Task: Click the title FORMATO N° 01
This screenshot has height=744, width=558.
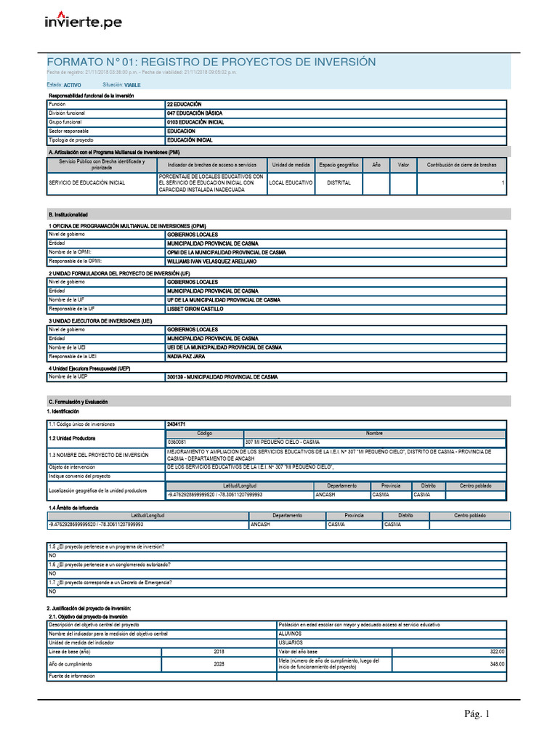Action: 211,62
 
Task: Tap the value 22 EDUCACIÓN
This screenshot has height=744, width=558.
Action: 185,105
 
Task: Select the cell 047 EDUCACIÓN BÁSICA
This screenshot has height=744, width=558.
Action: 195,113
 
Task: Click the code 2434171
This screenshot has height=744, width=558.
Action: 177,424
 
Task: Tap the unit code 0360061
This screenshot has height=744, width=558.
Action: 177,442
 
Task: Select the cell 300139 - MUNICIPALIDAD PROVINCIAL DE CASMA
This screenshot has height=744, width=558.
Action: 222,377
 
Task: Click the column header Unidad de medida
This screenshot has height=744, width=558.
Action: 291,165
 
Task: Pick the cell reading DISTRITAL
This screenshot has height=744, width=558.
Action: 339,182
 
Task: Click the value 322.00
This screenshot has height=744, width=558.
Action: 497,651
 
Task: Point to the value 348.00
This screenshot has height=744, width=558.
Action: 497,664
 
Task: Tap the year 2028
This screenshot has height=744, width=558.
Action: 219,664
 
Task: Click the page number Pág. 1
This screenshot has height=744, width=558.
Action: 477,714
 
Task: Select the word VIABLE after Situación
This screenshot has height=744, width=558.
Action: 132,85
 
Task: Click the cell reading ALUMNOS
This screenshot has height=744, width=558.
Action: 291,633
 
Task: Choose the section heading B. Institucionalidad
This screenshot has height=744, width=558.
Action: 68,215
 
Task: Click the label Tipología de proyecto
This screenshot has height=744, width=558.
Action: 71,139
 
